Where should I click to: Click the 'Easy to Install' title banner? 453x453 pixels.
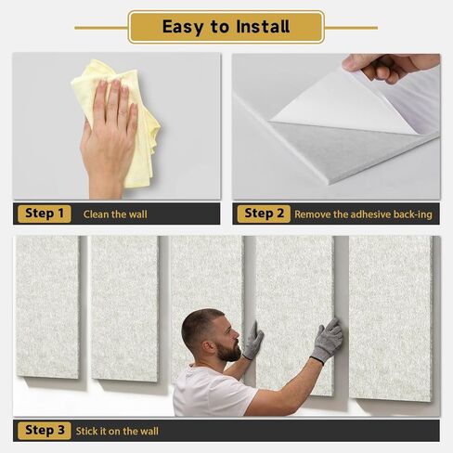click(x=226, y=27)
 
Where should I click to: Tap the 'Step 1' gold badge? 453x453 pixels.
click(x=45, y=214)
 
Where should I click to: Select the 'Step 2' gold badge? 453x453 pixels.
click(x=264, y=214)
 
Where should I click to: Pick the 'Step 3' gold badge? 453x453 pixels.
click(x=45, y=431)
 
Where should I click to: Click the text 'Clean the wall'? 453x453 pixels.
click(x=115, y=214)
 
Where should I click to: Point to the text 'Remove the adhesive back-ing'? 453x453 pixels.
click(x=363, y=214)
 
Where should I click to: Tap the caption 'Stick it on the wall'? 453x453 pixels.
click(x=117, y=431)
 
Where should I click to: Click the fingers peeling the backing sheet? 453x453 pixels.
click(x=387, y=67)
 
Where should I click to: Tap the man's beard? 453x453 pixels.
click(x=228, y=351)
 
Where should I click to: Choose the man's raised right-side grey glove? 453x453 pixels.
click(x=327, y=341)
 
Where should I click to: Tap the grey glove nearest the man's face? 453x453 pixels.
click(x=253, y=341)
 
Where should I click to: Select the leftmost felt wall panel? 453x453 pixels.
click(x=47, y=307)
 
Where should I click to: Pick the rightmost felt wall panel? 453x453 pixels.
click(x=391, y=318)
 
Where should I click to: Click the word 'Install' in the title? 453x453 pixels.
click(x=263, y=26)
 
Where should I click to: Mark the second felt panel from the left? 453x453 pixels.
click(x=124, y=309)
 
